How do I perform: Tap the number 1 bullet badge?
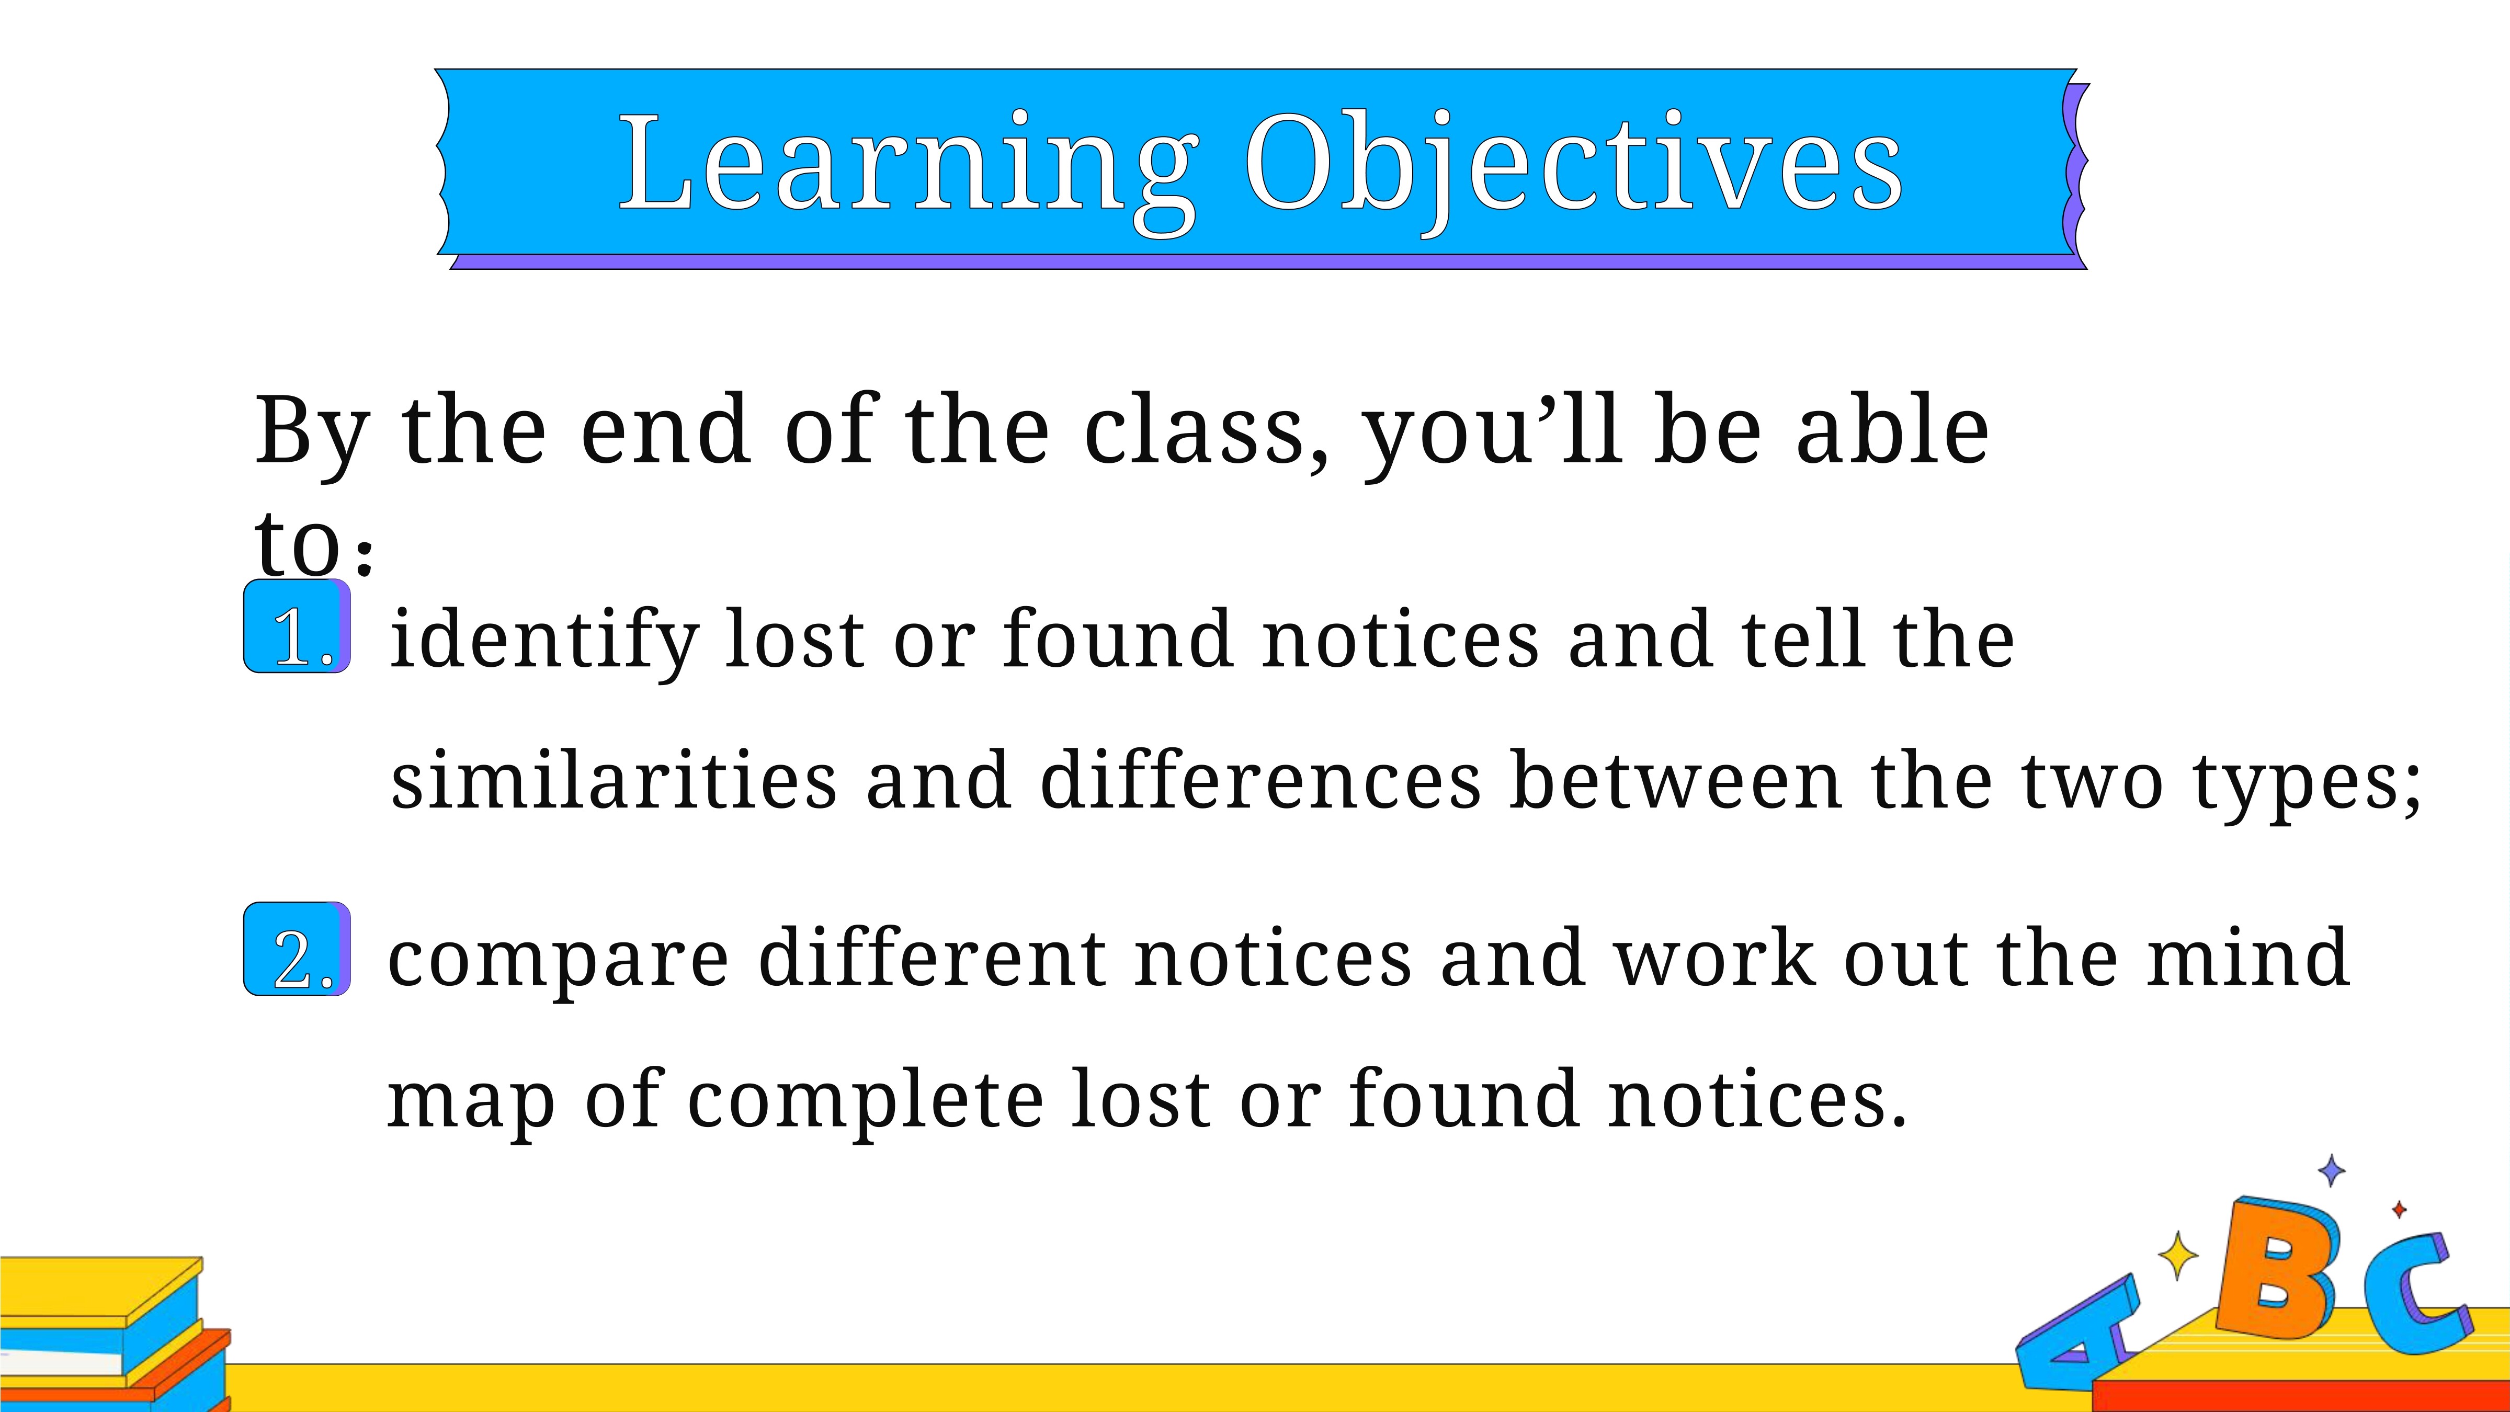[296, 625]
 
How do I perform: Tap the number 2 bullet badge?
[296, 949]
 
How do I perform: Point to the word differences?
[1261, 781]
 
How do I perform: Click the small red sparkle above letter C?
[2399, 1209]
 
